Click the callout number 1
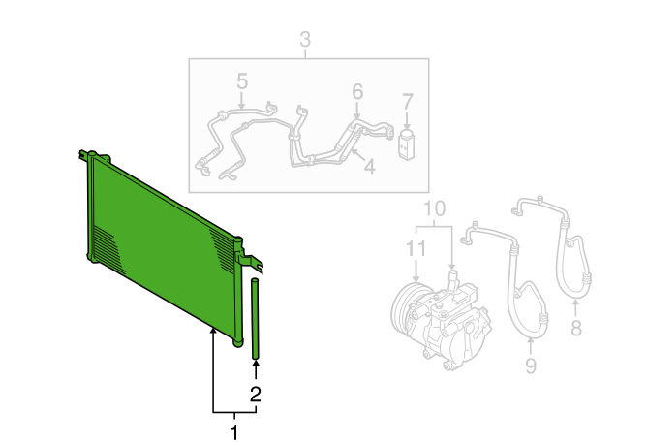click(x=234, y=432)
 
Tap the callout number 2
click(x=256, y=395)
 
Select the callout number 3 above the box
click(x=305, y=39)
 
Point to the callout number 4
click(x=370, y=167)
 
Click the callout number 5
click(x=242, y=81)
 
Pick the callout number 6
click(x=357, y=91)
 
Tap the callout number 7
click(x=407, y=102)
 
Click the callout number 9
click(x=531, y=366)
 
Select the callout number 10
click(x=435, y=208)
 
